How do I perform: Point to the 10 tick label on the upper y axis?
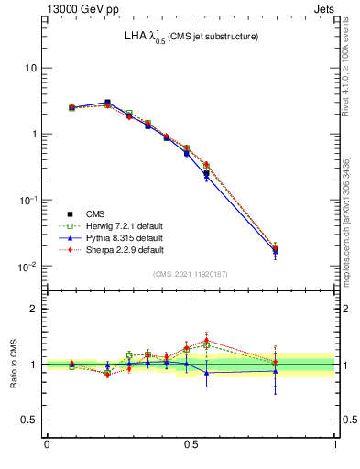point(30,68)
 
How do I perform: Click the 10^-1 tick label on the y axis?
point(28,201)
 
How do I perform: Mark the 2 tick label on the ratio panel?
point(34,309)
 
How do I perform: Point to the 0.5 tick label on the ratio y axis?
point(29,420)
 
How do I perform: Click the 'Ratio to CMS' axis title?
point(14,365)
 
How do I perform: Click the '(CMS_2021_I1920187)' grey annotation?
point(191,273)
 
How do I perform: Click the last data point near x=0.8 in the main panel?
point(275,248)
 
